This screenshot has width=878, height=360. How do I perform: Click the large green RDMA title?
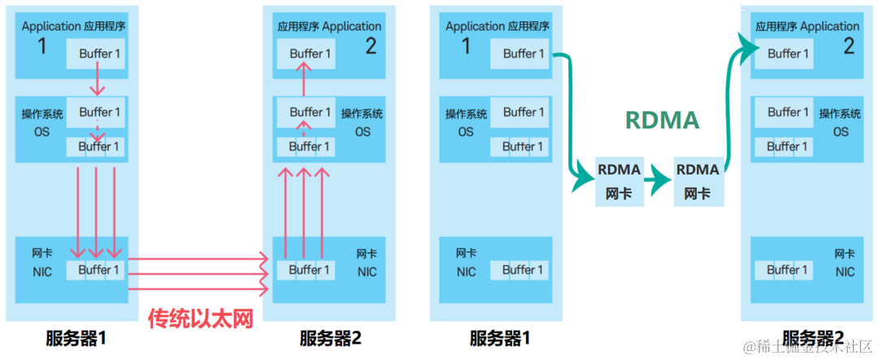coord(662,120)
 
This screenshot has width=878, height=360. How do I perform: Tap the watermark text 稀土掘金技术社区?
coord(806,347)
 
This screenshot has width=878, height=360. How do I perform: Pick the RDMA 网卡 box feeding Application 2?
coord(698,180)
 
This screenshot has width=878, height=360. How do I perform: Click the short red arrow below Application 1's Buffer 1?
coord(96,81)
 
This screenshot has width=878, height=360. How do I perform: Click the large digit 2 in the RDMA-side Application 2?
coord(848,46)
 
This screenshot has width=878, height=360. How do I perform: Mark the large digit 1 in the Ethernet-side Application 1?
coord(42,46)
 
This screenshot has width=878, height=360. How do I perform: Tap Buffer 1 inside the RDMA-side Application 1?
coord(519,54)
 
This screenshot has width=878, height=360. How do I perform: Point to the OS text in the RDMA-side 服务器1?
coord(466,132)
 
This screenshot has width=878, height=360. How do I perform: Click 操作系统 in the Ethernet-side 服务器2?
coord(362,114)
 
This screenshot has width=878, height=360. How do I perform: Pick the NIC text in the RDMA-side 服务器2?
coord(845,271)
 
